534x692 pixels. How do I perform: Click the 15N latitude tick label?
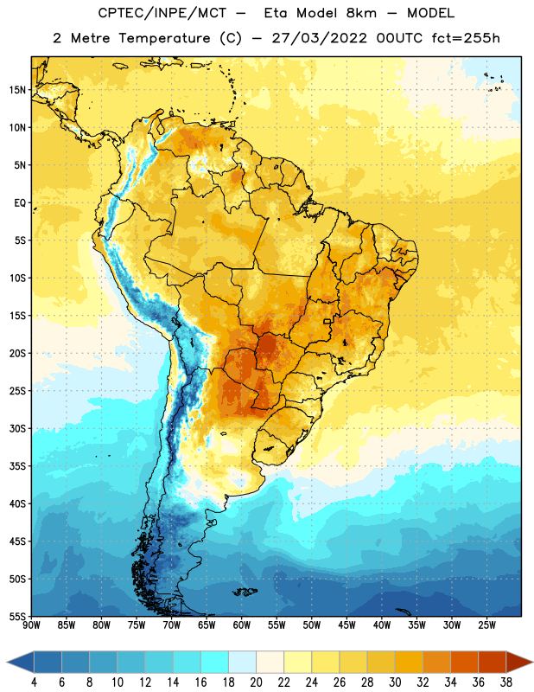click(x=17, y=90)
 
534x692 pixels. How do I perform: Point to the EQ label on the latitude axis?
click(x=20, y=203)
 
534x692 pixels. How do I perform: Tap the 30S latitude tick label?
click(x=17, y=428)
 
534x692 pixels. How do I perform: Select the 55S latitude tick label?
click(x=17, y=616)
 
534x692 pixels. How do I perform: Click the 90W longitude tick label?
click(x=31, y=625)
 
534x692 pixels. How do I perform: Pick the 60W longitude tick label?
click(x=242, y=625)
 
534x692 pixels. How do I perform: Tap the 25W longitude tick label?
click(x=486, y=625)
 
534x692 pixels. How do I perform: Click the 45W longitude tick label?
click(x=346, y=625)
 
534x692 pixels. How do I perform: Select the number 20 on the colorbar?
click(x=256, y=682)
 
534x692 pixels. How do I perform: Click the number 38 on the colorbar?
click(x=506, y=682)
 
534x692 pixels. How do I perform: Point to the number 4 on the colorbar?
click(x=34, y=682)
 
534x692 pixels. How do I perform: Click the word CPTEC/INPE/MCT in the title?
click(x=162, y=13)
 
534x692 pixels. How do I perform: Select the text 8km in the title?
click(x=361, y=13)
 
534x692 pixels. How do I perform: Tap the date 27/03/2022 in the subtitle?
click(x=319, y=38)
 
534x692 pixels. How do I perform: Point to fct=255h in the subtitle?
click(x=466, y=38)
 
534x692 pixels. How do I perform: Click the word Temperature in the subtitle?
click(x=164, y=39)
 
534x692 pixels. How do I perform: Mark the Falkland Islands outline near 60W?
click(x=245, y=592)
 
